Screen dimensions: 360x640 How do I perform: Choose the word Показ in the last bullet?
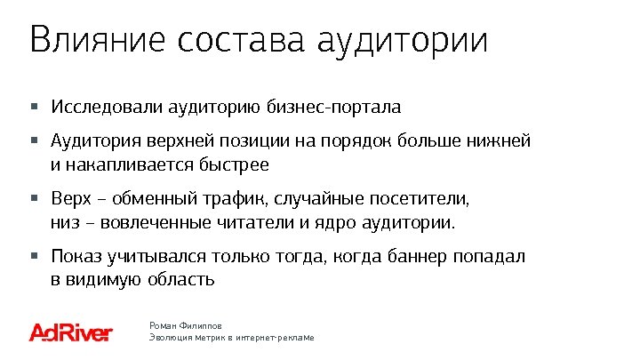click(x=76, y=257)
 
